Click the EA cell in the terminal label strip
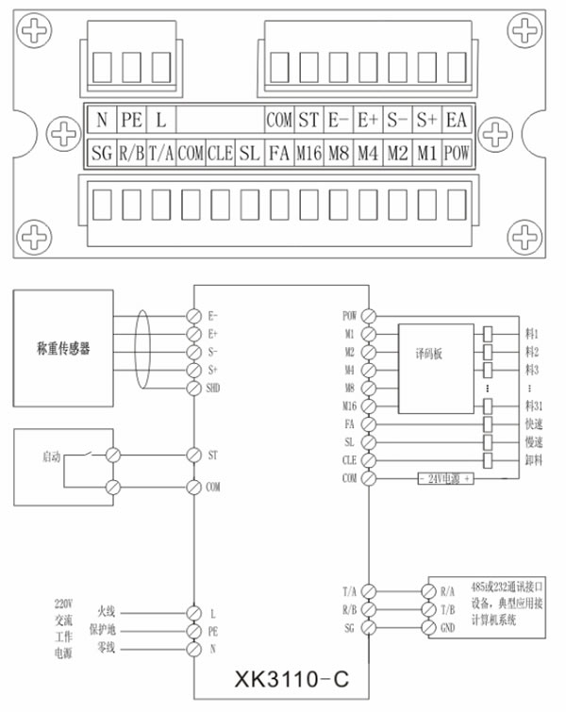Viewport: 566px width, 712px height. point(457,120)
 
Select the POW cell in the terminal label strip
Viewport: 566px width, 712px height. point(457,152)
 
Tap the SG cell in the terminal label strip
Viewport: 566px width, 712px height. point(102,152)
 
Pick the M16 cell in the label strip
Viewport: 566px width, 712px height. point(308,152)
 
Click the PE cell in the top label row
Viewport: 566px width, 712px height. point(131,120)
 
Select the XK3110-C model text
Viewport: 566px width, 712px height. point(282,678)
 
